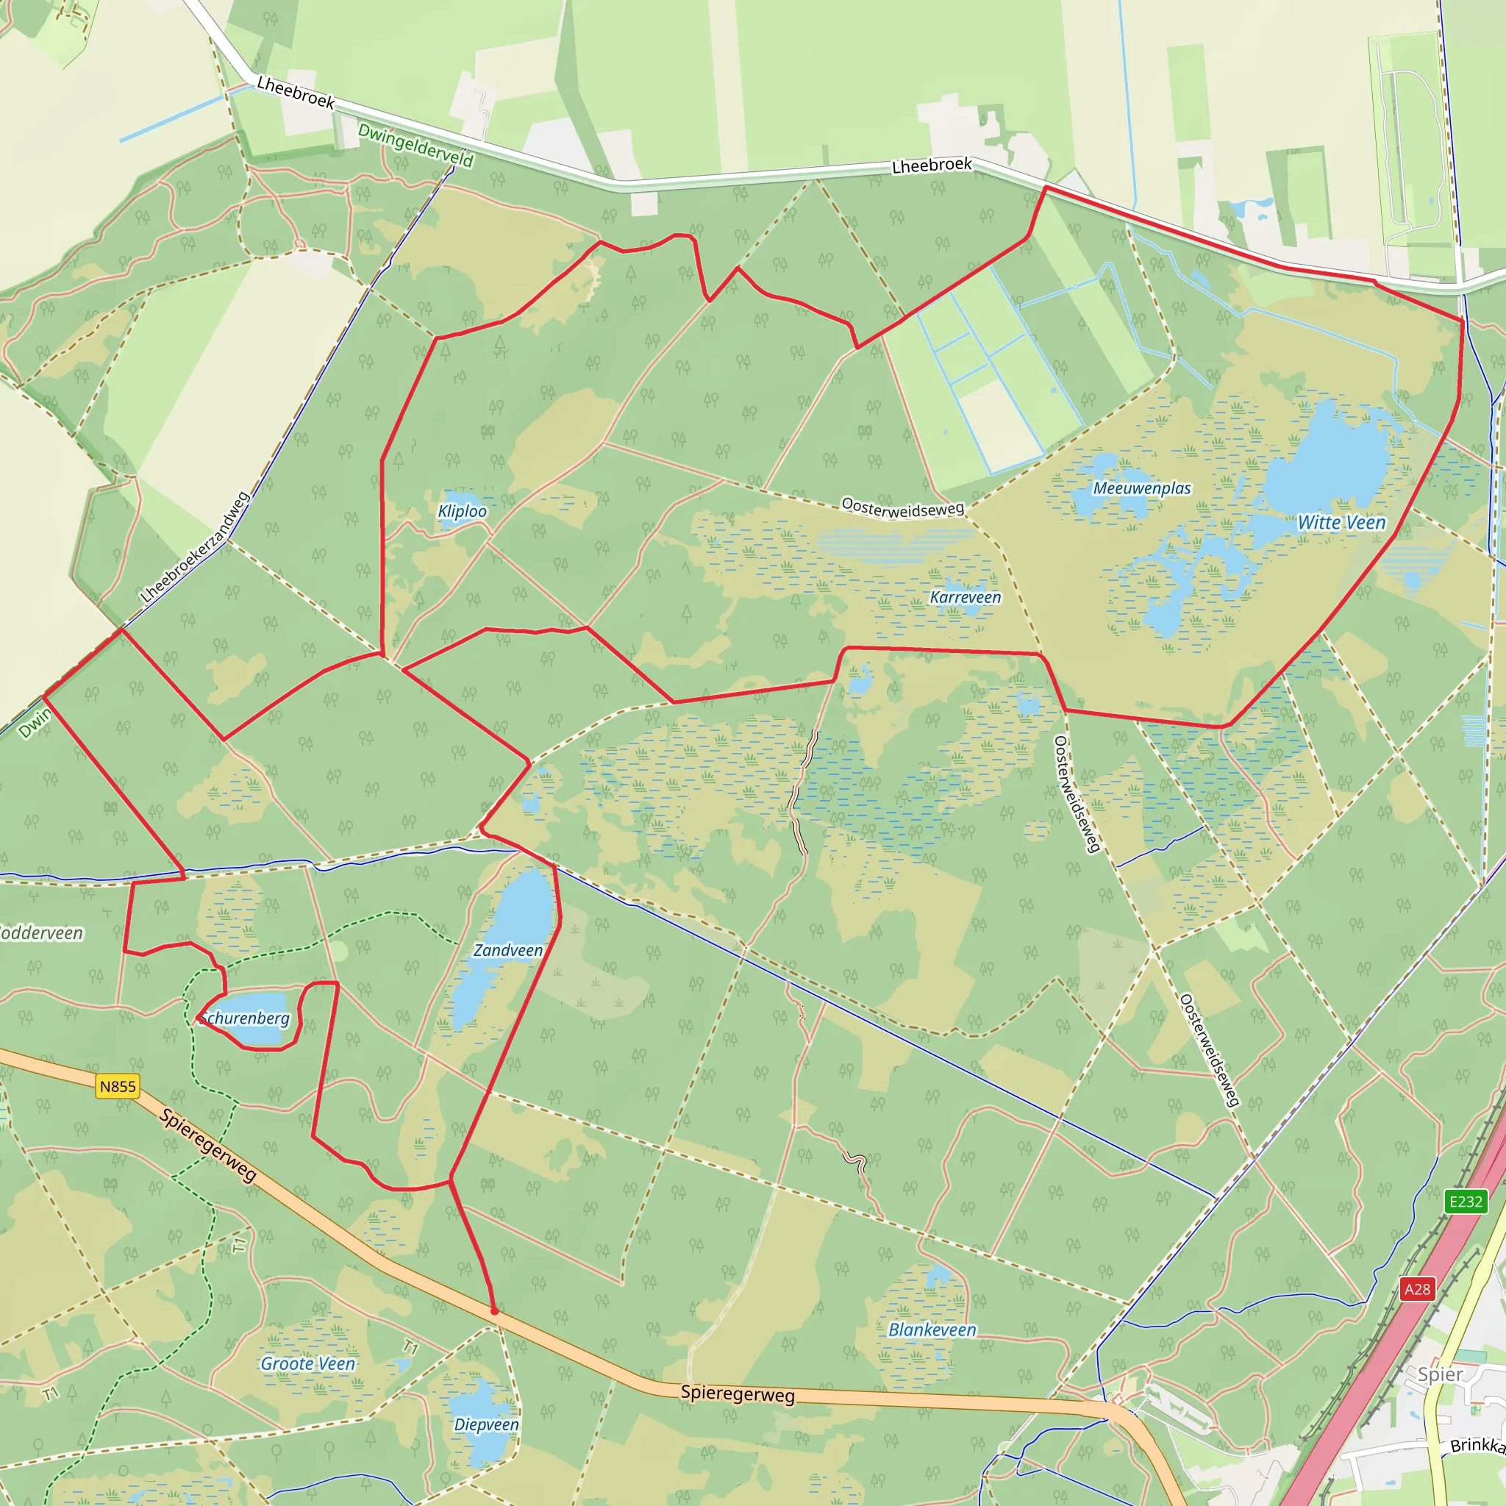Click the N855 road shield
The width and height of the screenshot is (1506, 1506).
(118, 1087)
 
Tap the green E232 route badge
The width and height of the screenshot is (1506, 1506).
(1466, 1202)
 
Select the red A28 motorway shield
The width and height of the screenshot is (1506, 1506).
(1417, 1288)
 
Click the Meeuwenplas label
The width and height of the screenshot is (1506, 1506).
(1142, 489)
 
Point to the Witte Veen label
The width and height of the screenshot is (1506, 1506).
(1341, 523)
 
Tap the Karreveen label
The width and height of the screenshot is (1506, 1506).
(966, 598)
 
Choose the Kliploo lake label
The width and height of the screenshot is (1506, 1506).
(463, 511)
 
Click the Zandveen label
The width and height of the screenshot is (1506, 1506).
(508, 950)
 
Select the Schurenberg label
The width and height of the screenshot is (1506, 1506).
(245, 1018)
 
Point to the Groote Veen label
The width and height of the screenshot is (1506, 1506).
(308, 1363)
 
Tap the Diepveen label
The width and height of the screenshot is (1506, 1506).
(486, 1424)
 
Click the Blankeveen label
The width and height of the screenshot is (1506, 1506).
(932, 1330)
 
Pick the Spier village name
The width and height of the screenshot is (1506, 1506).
(1440, 1374)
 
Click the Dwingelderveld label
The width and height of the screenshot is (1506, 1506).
(415, 146)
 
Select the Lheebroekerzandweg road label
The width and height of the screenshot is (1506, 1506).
(195, 547)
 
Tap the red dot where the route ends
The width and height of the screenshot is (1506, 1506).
(494, 1311)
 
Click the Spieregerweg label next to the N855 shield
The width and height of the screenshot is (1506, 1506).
(208, 1145)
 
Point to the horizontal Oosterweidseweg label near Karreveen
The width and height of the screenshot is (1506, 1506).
(903, 508)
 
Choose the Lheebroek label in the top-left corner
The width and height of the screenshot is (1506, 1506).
(296, 93)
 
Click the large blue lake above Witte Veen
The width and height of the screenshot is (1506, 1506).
(1325, 456)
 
